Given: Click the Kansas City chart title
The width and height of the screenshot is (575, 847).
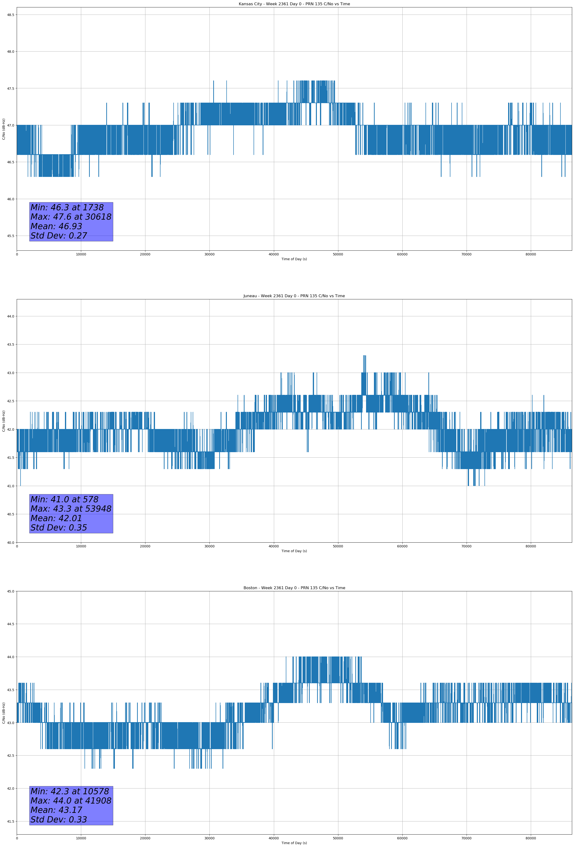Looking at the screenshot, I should click(x=294, y=4).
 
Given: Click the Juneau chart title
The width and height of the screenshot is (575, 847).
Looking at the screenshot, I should click(x=294, y=296).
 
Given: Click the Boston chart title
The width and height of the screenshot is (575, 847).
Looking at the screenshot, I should click(x=294, y=588).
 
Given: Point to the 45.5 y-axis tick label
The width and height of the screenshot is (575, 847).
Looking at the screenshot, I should click(x=11, y=236).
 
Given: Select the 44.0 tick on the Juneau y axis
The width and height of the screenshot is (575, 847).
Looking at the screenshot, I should click(x=11, y=316).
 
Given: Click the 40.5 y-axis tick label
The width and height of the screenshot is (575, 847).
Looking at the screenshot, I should click(x=11, y=514).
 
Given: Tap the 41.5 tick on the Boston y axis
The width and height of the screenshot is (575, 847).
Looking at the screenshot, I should click(x=11, y=821).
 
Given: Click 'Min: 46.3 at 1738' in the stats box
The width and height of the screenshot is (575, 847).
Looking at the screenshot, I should click(x=67, y=207).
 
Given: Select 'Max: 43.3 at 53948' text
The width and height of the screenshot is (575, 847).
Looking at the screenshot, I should click(x=71, y=509).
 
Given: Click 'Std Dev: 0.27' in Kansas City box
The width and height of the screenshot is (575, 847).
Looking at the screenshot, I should click(x=59, y=236).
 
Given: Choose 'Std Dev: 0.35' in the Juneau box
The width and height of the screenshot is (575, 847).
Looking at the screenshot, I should click(x=59, y=528).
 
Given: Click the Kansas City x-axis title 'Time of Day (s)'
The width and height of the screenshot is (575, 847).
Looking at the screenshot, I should click(x=294, y=259).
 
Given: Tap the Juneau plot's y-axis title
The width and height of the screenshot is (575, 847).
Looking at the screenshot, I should click(x=4, y=421).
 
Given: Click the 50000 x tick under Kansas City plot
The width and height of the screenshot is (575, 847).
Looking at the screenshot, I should click(x=338, y=254).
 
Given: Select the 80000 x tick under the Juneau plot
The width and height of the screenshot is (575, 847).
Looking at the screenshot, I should click(x=531, y=546).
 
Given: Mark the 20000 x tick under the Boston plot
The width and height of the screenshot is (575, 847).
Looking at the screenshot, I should click(x=145, y=838).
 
